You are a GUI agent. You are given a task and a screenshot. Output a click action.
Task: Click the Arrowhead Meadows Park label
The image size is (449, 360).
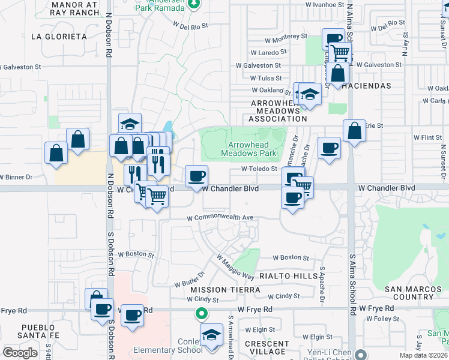point(252,149)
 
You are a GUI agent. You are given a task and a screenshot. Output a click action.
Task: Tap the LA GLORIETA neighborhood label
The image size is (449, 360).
point(59,37)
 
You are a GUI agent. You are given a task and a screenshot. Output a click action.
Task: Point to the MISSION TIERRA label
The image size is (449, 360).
point(225,290)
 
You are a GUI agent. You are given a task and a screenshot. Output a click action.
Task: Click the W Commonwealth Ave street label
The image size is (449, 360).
point(220,218)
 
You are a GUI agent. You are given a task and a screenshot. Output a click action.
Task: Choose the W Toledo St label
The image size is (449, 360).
point(258,169)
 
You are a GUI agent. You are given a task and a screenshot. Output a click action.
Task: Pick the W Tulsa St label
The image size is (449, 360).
point(266,78)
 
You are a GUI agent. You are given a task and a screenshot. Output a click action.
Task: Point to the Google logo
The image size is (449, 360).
point(20,353)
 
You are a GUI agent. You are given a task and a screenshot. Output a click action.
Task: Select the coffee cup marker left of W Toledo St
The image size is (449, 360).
point(196,177)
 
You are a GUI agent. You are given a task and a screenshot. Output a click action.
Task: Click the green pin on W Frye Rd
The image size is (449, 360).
point(202,313)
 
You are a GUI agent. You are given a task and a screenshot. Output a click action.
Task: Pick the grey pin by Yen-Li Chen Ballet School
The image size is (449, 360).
point(360,353)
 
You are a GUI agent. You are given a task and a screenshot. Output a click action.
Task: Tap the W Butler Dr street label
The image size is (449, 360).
point(190,278)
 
